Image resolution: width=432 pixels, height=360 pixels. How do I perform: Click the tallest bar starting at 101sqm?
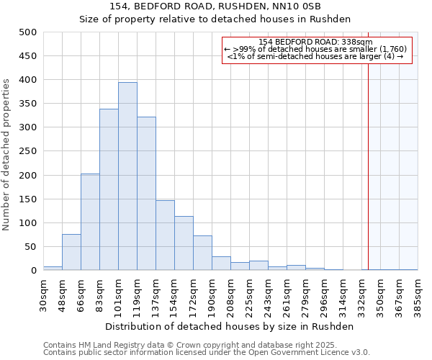(127, 176)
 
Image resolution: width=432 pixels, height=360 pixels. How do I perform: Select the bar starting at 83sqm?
(109, 189)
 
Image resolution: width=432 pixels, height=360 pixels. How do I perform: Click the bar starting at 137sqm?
(165, 235)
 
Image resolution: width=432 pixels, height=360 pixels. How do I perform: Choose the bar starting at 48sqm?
(71, 252)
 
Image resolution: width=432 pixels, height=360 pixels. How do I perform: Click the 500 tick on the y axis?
(28, 32)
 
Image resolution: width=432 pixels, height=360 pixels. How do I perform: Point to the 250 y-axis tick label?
(28, 151)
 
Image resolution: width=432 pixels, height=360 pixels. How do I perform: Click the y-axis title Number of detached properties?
(9, 151)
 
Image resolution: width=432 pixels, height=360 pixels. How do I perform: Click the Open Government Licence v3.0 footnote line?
(206, 353)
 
